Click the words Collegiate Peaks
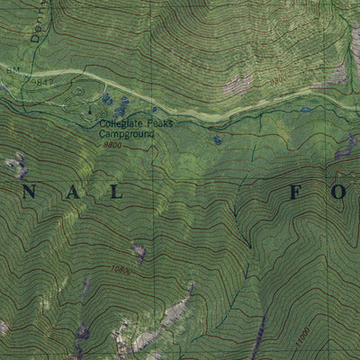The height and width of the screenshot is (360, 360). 131,125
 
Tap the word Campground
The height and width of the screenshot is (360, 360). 127,134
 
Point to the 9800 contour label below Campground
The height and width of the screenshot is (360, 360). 113,144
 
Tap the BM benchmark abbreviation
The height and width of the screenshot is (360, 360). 12,68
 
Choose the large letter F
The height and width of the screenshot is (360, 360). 296,193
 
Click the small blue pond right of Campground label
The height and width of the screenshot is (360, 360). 218,140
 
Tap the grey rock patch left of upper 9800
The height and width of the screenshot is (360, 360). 238,85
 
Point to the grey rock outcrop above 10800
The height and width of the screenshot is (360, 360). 139,252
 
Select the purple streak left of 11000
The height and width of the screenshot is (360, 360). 259,337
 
